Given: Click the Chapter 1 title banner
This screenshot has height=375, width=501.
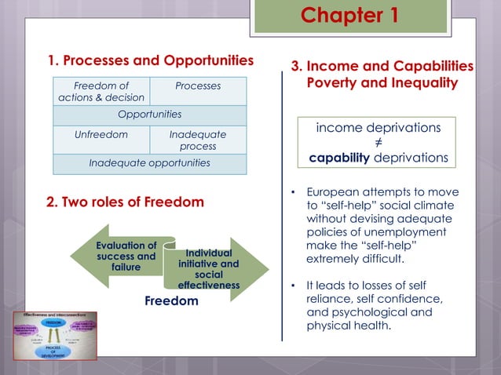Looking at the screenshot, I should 349,16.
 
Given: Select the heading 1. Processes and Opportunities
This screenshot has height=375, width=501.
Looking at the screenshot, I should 150,60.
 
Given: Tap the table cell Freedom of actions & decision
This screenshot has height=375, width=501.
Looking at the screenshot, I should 101,91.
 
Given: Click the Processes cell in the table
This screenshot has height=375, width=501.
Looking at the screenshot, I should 198,86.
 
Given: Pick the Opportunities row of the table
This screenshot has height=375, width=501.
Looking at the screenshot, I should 149,115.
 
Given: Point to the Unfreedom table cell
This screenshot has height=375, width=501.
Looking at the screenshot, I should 101,134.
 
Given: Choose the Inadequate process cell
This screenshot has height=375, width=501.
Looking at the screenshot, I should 198,140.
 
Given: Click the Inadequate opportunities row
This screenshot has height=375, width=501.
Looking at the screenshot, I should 149,163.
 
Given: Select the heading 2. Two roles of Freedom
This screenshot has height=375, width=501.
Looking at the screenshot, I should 125,202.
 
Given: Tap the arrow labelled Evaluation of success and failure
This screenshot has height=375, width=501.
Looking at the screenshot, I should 122,257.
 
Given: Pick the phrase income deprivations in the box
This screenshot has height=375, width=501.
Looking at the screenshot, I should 378,127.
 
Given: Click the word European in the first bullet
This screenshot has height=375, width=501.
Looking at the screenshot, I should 334,192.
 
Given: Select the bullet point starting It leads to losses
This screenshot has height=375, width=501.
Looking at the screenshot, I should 377,305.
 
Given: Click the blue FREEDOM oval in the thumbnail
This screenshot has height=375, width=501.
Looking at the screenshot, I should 54,322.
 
